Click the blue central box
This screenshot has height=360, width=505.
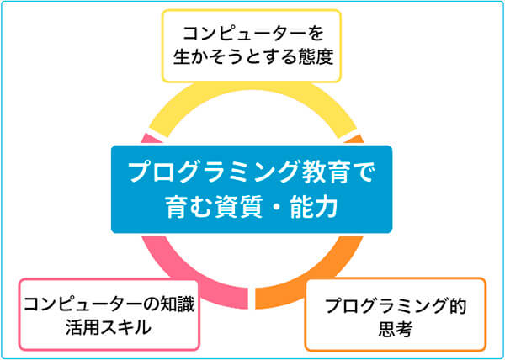click(252, 189)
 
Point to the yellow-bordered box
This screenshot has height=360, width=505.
click(251, 46)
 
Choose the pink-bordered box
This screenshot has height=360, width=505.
click(109, 315)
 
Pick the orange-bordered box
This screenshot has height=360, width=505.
click(396, 315)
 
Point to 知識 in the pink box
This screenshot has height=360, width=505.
click(178, 305)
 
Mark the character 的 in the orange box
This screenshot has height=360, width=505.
click(457, 307)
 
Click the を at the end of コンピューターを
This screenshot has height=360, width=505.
click(314, 34)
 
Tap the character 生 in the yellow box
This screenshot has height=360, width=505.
click(181, 57)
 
